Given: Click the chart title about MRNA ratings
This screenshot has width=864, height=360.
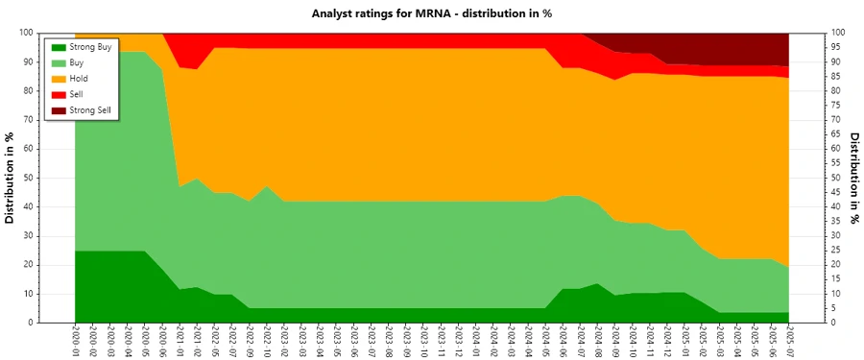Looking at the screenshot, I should tap(431, 13).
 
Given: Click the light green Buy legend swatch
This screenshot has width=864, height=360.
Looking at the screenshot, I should tap(57, 63).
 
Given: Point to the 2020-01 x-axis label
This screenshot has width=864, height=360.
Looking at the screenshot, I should tap(75, 341).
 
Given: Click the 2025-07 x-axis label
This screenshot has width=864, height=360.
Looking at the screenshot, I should tap(789, 341).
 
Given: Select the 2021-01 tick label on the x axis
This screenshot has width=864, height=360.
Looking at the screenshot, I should tap(180, 341).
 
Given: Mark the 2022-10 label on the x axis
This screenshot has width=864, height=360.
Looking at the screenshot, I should tap(267, 341).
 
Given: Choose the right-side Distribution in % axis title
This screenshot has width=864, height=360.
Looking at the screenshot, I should tap(852, 178).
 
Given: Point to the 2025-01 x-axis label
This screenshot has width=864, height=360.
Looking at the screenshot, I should tap(684, 341).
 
